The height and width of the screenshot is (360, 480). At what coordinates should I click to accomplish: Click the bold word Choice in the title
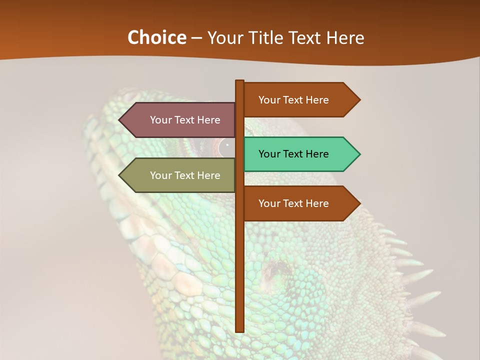coord(156,37)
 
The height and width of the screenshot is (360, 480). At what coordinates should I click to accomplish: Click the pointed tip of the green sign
coord(359,154)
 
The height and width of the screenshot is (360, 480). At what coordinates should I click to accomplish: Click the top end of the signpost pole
coord(239,81)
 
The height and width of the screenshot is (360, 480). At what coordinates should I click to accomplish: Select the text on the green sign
coord(293,154)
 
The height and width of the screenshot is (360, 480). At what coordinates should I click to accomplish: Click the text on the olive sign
coord(185,175)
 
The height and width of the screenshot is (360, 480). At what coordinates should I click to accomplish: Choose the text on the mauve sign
coord(185,120)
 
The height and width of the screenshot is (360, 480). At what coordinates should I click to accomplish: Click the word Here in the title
coord(345,37)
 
